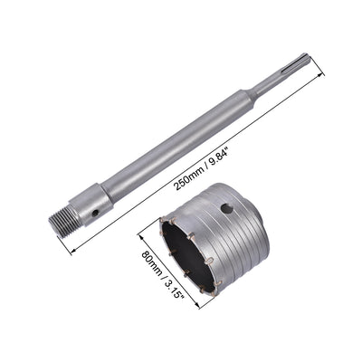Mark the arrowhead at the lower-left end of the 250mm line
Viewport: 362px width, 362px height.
point(73,252)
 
